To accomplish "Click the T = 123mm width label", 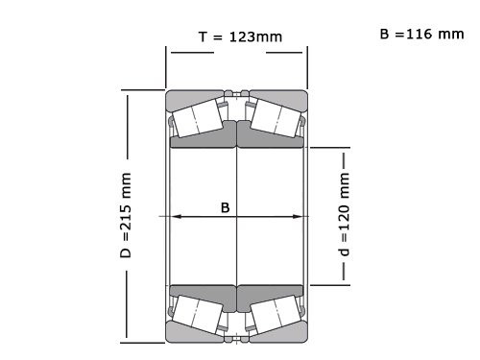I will click(239, 36).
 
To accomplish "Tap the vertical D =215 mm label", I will click(125, 217).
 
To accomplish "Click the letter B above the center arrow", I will click(226, 206).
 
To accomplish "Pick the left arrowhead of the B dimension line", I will click(175, 217).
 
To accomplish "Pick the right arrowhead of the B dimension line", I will click(301, 217).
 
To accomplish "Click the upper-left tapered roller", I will click(200, 119).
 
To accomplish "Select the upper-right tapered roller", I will click(275, 119).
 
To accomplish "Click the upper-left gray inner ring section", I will click(204, 141).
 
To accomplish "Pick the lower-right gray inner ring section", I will click(272, 291).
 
